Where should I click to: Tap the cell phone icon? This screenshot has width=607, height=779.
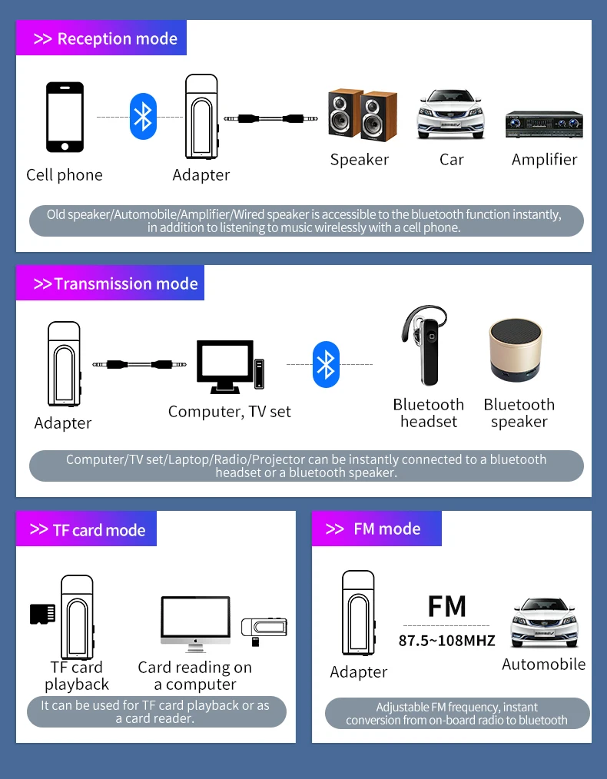(65, 118)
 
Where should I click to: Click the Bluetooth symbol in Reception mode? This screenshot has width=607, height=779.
(143, 117)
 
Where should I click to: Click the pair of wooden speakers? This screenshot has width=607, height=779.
(363, 115)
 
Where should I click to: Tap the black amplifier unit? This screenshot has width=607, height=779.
(544, 124)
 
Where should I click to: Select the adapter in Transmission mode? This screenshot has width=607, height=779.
(64, 364)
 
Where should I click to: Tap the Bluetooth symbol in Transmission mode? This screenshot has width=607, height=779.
(327, 364)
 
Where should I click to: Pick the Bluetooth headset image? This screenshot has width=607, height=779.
(426, 346)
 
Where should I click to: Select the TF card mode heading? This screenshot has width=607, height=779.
(87, 530)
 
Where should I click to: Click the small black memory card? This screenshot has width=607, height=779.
(42, 613)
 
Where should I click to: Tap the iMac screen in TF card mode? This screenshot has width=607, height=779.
(195, 619)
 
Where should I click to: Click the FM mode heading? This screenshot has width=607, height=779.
(376, 529)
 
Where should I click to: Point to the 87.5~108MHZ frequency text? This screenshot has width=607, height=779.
(446, 640)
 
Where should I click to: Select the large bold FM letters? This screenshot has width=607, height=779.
(446, 606)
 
